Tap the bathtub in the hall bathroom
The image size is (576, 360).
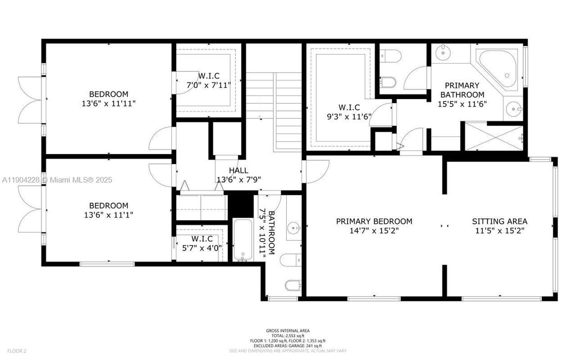pos(244,240)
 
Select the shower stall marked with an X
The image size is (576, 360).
pos(494,136)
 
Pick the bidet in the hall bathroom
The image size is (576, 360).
pos(292,285)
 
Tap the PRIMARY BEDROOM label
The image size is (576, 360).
pos(374,221)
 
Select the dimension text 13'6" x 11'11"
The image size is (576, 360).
pos(108,103)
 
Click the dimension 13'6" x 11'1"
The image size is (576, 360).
pos(108,214)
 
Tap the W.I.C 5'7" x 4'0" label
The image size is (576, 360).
pos(202,243)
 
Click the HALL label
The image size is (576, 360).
pos(238,170)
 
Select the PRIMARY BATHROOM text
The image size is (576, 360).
pos(462,90)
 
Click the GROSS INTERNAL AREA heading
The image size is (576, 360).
pos(287,330)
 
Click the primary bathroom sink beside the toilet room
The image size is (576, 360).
pos(442,51)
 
